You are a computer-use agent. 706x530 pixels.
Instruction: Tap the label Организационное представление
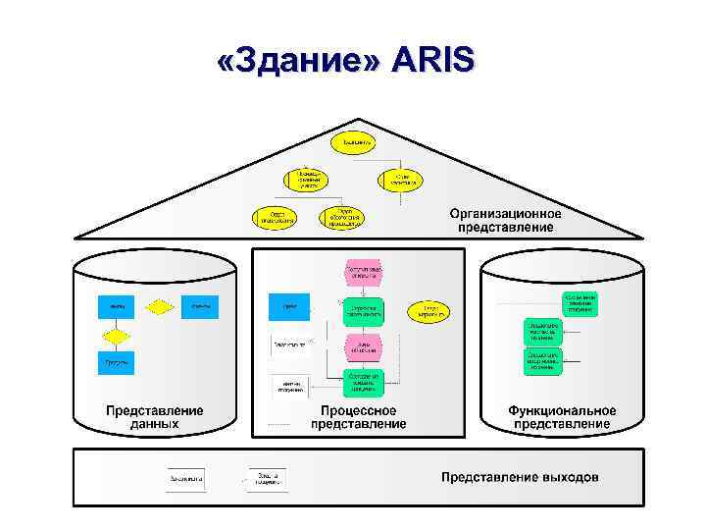click(x=506, y=220)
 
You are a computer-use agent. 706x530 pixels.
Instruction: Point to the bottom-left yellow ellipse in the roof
click(x=277, y=217)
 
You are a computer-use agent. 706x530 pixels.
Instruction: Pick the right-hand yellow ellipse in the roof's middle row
click(x=400, y=180)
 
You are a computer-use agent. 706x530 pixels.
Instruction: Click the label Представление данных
click(x=155, y=417)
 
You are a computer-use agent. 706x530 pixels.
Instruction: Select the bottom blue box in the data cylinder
click(x=116, y=362)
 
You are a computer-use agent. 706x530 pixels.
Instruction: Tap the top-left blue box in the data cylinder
click(x=116, y=308)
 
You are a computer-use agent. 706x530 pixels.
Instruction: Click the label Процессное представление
click(x=359, y=417)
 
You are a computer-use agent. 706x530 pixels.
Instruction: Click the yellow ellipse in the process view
click(x=429, y=311)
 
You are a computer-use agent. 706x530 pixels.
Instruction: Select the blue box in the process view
click(x=289, y=308)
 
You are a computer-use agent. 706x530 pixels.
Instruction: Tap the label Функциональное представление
click(x=562, y=417)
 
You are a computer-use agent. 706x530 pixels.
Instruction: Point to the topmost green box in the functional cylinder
click(x=580, y=301)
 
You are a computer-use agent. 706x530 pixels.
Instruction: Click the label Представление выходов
click(x=520, y=478)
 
